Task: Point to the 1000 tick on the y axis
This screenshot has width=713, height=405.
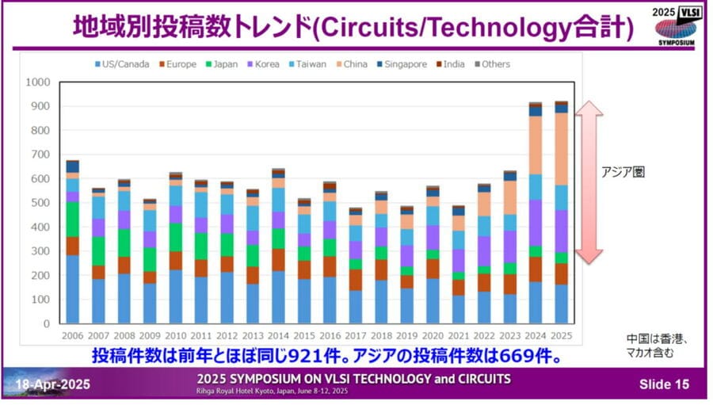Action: (37, 82)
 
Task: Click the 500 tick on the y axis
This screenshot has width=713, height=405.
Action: (40, 203)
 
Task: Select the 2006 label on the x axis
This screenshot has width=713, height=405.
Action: (72, 336)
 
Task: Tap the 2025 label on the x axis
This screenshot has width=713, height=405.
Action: (562, 336)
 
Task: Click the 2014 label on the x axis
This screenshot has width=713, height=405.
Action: (278, 336)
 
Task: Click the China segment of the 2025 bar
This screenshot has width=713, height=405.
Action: (562, 149)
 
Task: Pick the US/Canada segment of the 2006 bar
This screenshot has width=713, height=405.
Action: (72, 289)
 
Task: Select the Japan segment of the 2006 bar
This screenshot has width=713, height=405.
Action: (72, 220)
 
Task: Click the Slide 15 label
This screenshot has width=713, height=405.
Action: (664, 384)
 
